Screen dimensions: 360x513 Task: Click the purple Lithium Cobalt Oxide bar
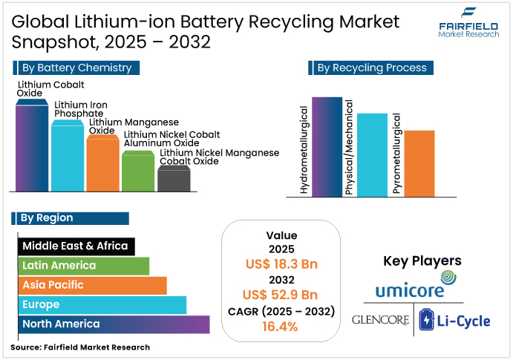pyautogui.click(x=32, y=148)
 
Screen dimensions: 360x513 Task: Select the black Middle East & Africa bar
pyautogui.click(x=75, y=246)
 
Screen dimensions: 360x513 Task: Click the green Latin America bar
pyautogui.click(x=83, y=266)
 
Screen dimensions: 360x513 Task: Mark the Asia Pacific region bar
pyautogui.click(x=92, y=285)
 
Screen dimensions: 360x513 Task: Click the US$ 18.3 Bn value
pyautogui.click(x=281, y=264)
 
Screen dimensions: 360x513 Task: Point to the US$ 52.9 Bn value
pyautogui.click(x=281, y=295)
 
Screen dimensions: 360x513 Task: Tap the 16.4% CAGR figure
pyautogui.click(x=281, y=326)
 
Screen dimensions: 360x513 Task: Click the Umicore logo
pyautogui.click(x=410, y=285)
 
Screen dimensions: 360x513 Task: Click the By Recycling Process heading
pyautogui.click(x=371, y=68)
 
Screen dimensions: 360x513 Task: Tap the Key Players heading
pyautogui.click(x=422, y=261)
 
